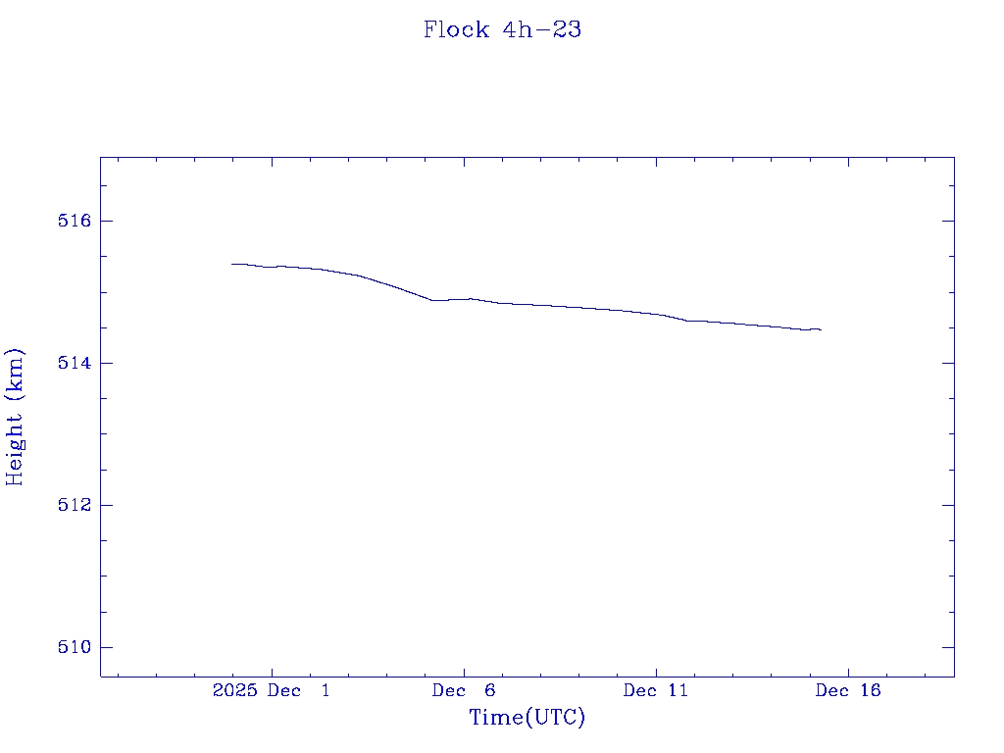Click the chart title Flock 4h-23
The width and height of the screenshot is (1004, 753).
(x=502, y=29)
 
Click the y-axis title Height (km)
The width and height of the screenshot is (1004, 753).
(x=15, y=417)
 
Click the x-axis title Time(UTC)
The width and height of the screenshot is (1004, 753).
(x=527, y=718)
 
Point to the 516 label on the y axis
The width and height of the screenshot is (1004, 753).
(x=74, y=221)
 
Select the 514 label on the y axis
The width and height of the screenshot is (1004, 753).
(x=74, y=363)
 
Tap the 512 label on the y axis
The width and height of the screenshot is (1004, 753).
(x=74, y=505)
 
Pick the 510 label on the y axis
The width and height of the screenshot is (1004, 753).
(x=74, y=647)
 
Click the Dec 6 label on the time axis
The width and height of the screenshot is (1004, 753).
(x=464, y=690)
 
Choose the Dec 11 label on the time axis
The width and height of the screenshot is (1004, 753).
(x=656, y=690)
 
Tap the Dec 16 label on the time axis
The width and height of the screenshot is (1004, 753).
(x=848, y=690)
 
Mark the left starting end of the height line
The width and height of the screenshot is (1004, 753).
(x=232, y=264)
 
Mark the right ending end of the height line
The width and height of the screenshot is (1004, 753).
(x=821, y=330)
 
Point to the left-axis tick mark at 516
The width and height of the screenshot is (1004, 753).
(x=106, y=221)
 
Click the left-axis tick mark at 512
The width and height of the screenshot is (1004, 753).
(x=106, y=505)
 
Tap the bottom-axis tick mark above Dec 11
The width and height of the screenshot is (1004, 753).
(x=656, y=671)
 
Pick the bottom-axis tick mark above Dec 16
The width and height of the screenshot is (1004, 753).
(x=847, y=671)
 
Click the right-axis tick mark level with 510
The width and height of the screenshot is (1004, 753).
(x=948, y=647)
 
